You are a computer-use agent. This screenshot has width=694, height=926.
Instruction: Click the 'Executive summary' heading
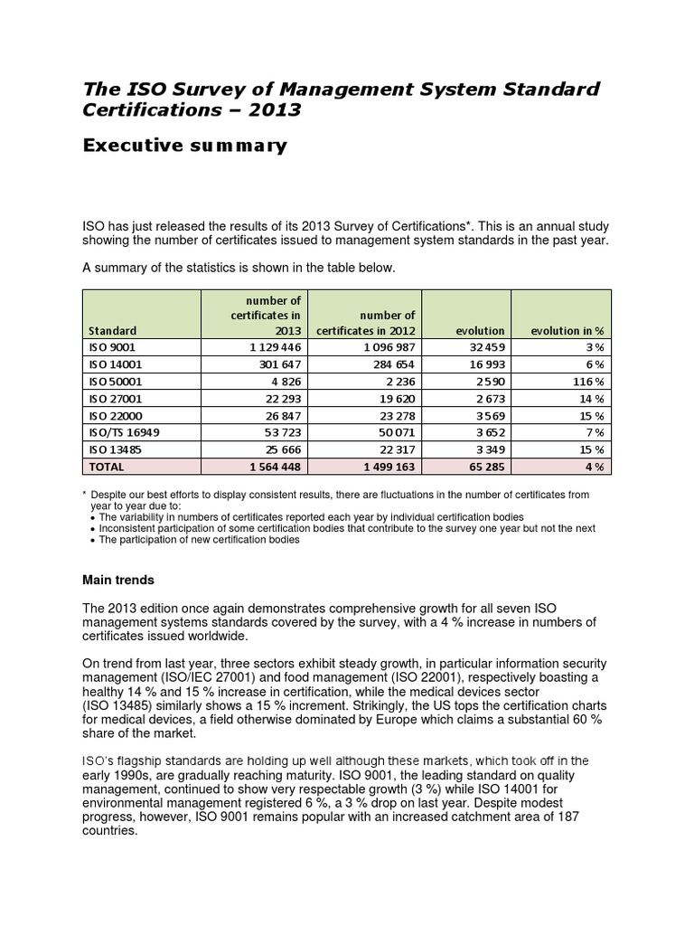pyautogui.click(x=184, y=146)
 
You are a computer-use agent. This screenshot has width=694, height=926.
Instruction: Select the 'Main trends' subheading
pyautogui.click(x=118, y=580)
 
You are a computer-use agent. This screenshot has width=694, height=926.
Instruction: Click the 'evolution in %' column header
pyautogui.click(x=566, y=331)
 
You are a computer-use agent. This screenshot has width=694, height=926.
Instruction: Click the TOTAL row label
pyautogui.click(x=107, y=468)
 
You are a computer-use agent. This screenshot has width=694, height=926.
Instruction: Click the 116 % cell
pyautogui.click(x=587, y=382)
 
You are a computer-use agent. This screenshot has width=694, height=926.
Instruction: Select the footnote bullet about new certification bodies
pyautogui.click(x=199, y=540)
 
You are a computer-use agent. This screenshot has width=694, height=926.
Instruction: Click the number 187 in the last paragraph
pyautogui.click(x=567, y=817)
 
